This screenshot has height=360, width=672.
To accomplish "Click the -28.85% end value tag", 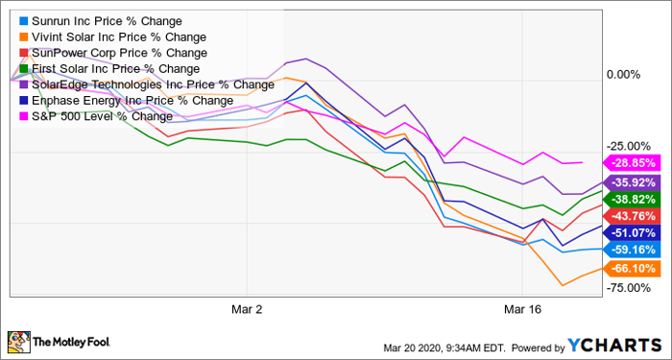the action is (631, 163).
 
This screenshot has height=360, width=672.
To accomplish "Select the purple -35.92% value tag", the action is (631, 182).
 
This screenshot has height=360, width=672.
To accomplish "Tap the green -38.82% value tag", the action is (631, 200).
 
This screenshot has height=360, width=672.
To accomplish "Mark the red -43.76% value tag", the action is (631, 216).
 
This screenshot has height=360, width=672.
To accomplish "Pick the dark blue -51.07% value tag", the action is (631, 232).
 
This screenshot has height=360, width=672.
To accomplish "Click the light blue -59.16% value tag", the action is (631, 250).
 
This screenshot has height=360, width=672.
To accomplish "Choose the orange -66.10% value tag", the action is (631, 269).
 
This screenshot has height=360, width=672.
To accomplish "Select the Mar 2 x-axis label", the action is (248, 309).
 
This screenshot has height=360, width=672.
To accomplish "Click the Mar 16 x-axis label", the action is (522, 309).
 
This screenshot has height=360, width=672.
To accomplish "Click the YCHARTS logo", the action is (615, 345).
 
